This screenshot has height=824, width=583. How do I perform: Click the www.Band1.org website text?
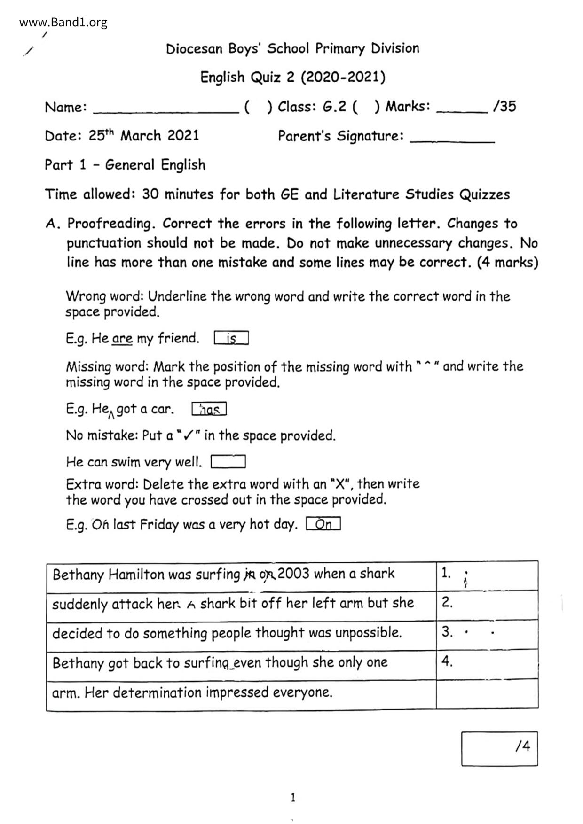(63, 22)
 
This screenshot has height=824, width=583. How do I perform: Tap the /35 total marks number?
(504, 106)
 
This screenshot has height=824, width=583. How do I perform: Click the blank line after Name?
(166, 111)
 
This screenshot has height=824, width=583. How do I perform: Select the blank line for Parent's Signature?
(452, 140)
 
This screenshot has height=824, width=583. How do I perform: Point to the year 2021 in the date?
(183, 136)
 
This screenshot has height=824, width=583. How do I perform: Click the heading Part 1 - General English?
(125, 165)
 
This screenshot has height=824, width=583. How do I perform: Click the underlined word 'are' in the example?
(122, 338)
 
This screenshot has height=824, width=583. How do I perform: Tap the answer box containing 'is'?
(231, 338)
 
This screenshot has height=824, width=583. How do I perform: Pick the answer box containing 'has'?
(209, 410)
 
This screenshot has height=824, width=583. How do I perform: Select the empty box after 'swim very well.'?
(228, 462)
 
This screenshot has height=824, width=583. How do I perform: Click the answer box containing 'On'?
(323, 524)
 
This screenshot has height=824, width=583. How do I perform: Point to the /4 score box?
(499, 748)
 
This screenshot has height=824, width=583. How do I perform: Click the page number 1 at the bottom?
(293, 797)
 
